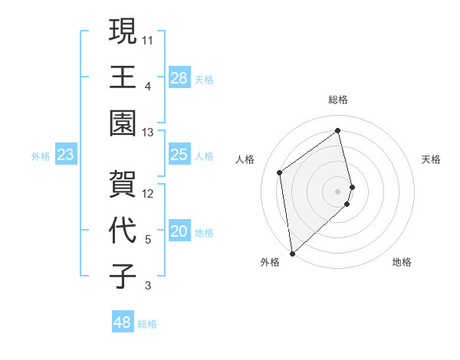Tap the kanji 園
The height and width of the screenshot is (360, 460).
[x=123, y=123]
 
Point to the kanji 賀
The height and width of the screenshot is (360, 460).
[x=123, y=184]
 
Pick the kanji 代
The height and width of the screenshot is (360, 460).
[x=123, y=231]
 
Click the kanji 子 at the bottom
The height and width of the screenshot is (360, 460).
[x=123, y=277]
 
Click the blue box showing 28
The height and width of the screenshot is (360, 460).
[x=179, y=77]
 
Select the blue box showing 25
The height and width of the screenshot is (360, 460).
[x=179, y=155]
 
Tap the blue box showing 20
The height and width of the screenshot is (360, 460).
[x=179, y=232]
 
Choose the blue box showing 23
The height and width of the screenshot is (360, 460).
[x=65, y=155]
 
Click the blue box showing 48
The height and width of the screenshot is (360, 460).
[x=122, y=322]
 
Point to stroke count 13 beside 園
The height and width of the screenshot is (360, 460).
[x=148, y=133]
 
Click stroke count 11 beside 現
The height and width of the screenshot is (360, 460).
[x=148, y=39]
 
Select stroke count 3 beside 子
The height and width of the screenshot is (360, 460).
[x=148, y=286]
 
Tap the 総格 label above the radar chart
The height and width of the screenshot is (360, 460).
[x=338, y=100]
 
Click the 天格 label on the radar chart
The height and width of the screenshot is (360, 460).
[x=432, y=159]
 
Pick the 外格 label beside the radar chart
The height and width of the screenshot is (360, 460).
[x=270, y=262]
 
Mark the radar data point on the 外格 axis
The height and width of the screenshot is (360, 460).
[x=292, y=253]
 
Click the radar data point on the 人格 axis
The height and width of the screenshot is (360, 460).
[x=280, y=172]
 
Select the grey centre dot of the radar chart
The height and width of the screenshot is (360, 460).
[x=338, y=190]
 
